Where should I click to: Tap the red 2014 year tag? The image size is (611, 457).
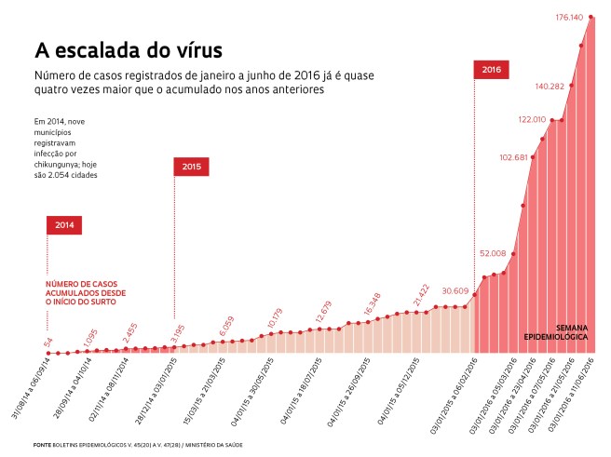click(64, 225)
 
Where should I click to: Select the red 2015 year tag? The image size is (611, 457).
click(191, 166)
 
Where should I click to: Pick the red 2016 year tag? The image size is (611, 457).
click(493, 70)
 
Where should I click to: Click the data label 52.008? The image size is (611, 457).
click(493, 253)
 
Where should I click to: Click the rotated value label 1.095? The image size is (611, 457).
click(89, 340)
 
